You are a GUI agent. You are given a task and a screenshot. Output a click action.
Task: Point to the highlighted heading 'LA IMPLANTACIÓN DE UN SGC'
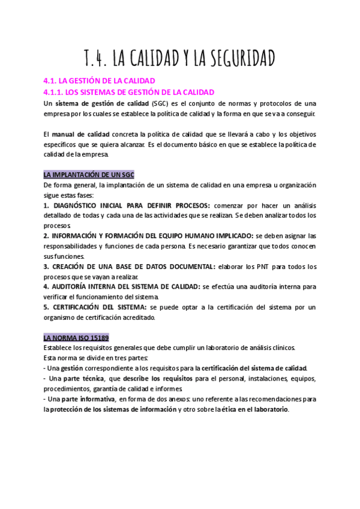89,174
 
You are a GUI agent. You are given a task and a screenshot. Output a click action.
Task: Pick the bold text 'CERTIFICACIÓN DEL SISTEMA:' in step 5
95,307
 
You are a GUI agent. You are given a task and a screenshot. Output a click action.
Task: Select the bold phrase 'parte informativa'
89,399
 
